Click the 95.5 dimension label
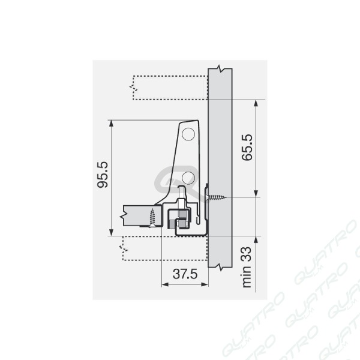tap(103, 175)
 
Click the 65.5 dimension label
tap(247, 148)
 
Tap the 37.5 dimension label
tap(185, 274)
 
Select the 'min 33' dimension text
tap(247, 267)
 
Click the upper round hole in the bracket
tap(188, 134)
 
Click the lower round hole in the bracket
tap(188, 178)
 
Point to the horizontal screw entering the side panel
tap(216, 197)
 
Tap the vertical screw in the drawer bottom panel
tap(152, 217)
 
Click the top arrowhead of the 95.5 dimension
tap(112, 124)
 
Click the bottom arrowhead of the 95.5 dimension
tap(112, 232)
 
